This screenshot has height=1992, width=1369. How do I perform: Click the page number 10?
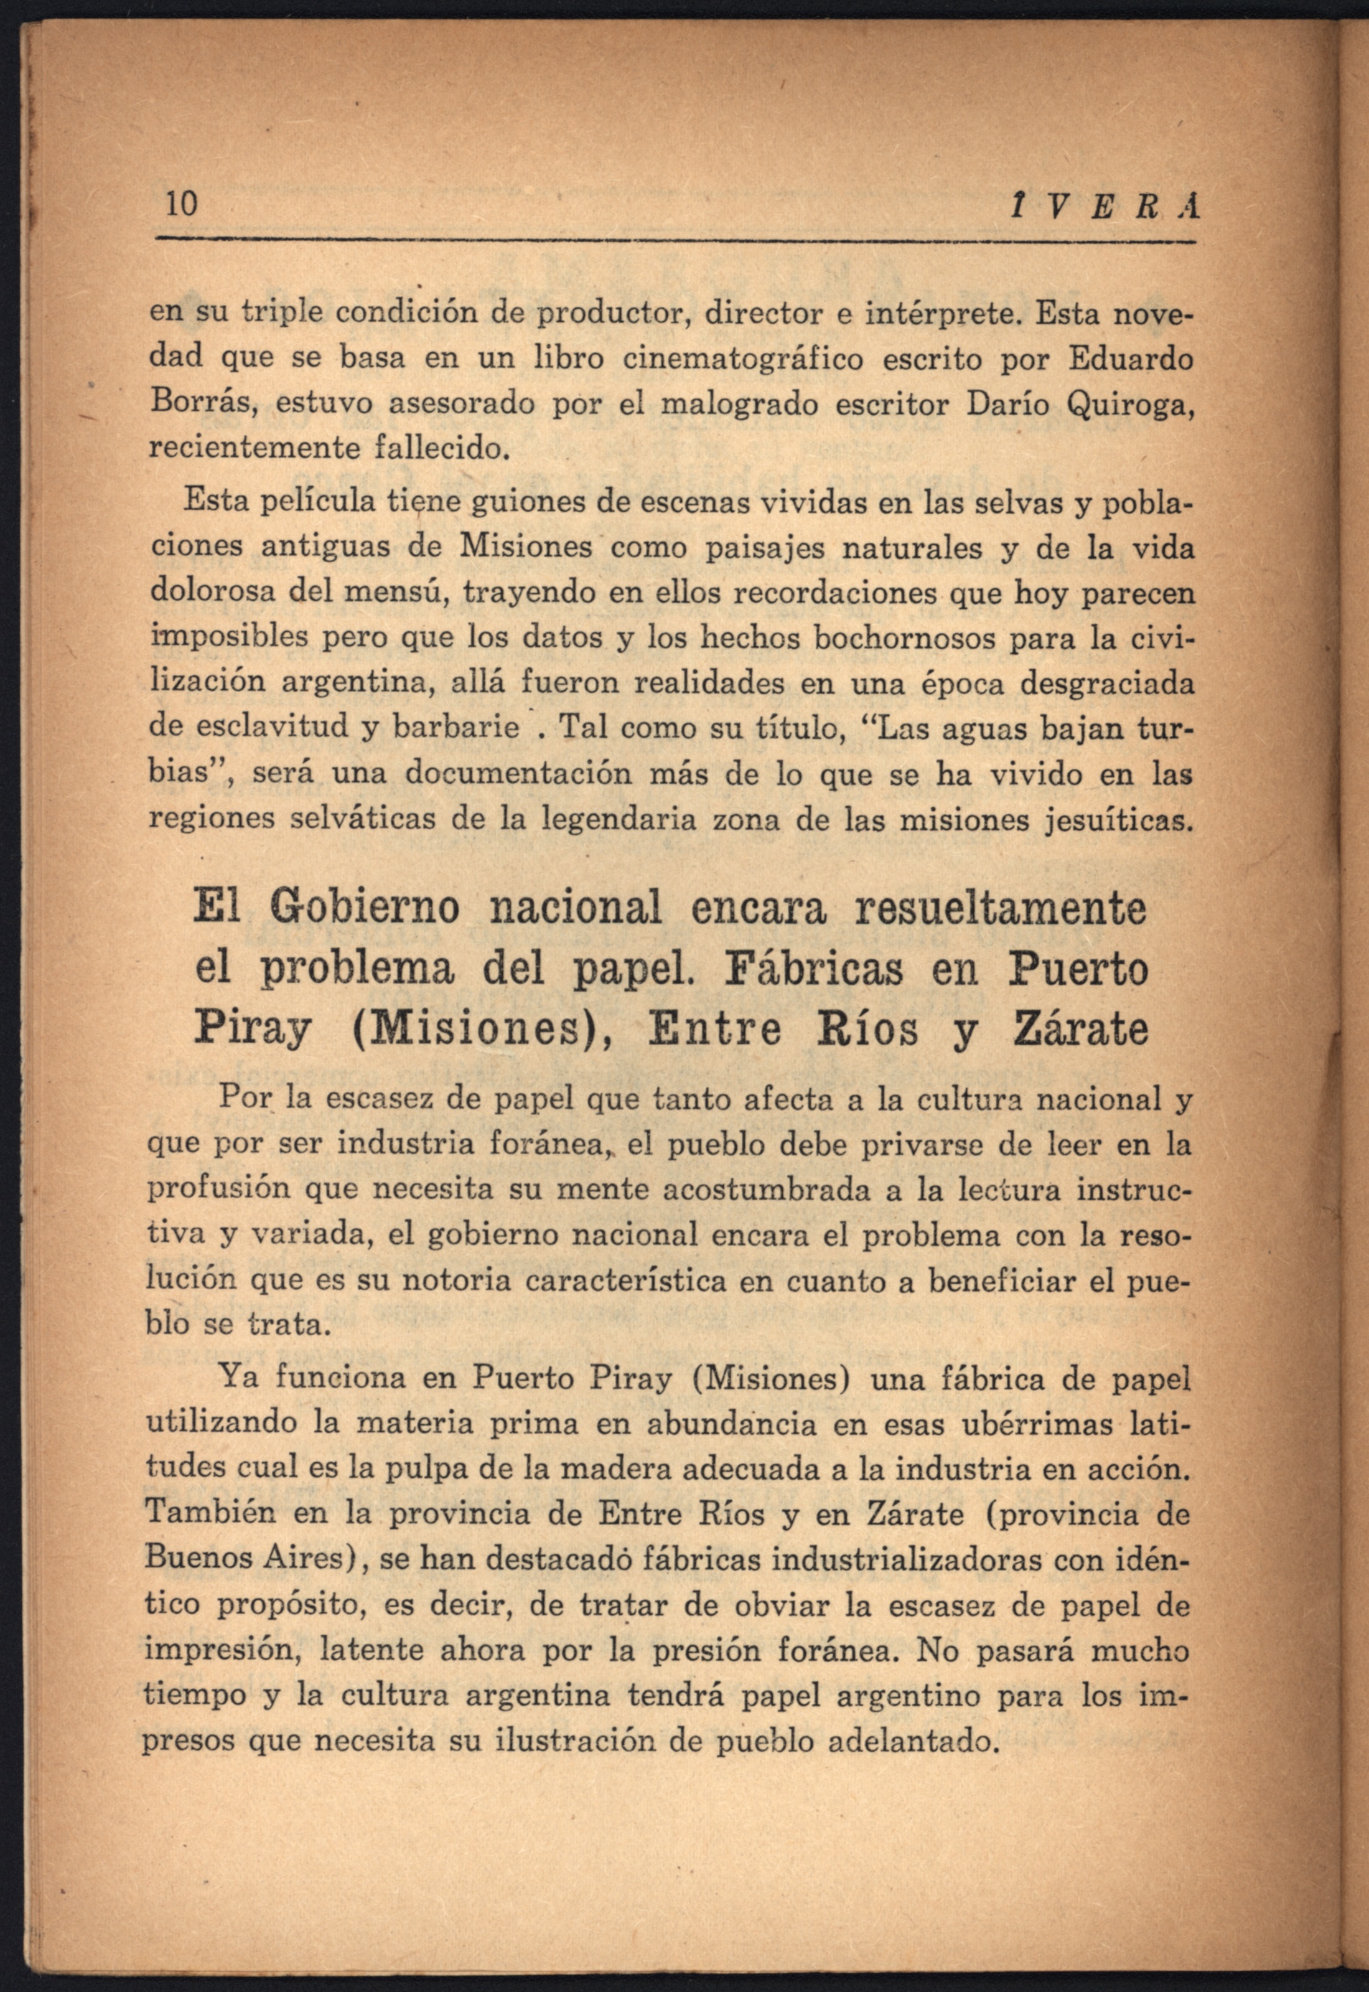click(x=181, y=204)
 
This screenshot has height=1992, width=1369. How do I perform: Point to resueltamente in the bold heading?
click(x=1000, y=909)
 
